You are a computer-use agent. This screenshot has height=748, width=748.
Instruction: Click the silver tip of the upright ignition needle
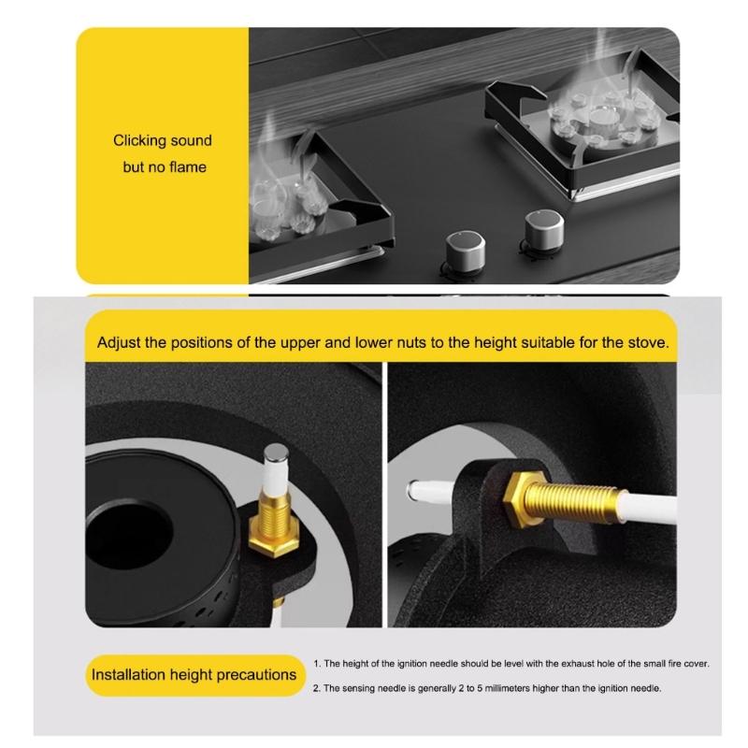tap(276, 455)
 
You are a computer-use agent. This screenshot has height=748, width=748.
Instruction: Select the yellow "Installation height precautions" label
tap(194, 674)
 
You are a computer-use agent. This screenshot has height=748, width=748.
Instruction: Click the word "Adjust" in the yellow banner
tap(119, 342)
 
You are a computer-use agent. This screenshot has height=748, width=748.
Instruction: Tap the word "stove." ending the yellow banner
tap(647, 342)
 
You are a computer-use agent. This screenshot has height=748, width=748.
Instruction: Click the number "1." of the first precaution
tap(318, 664)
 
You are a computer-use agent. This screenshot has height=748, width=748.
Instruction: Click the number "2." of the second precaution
tap(318, 688)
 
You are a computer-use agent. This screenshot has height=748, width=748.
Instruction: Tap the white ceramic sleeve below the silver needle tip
tap(275, 482)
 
